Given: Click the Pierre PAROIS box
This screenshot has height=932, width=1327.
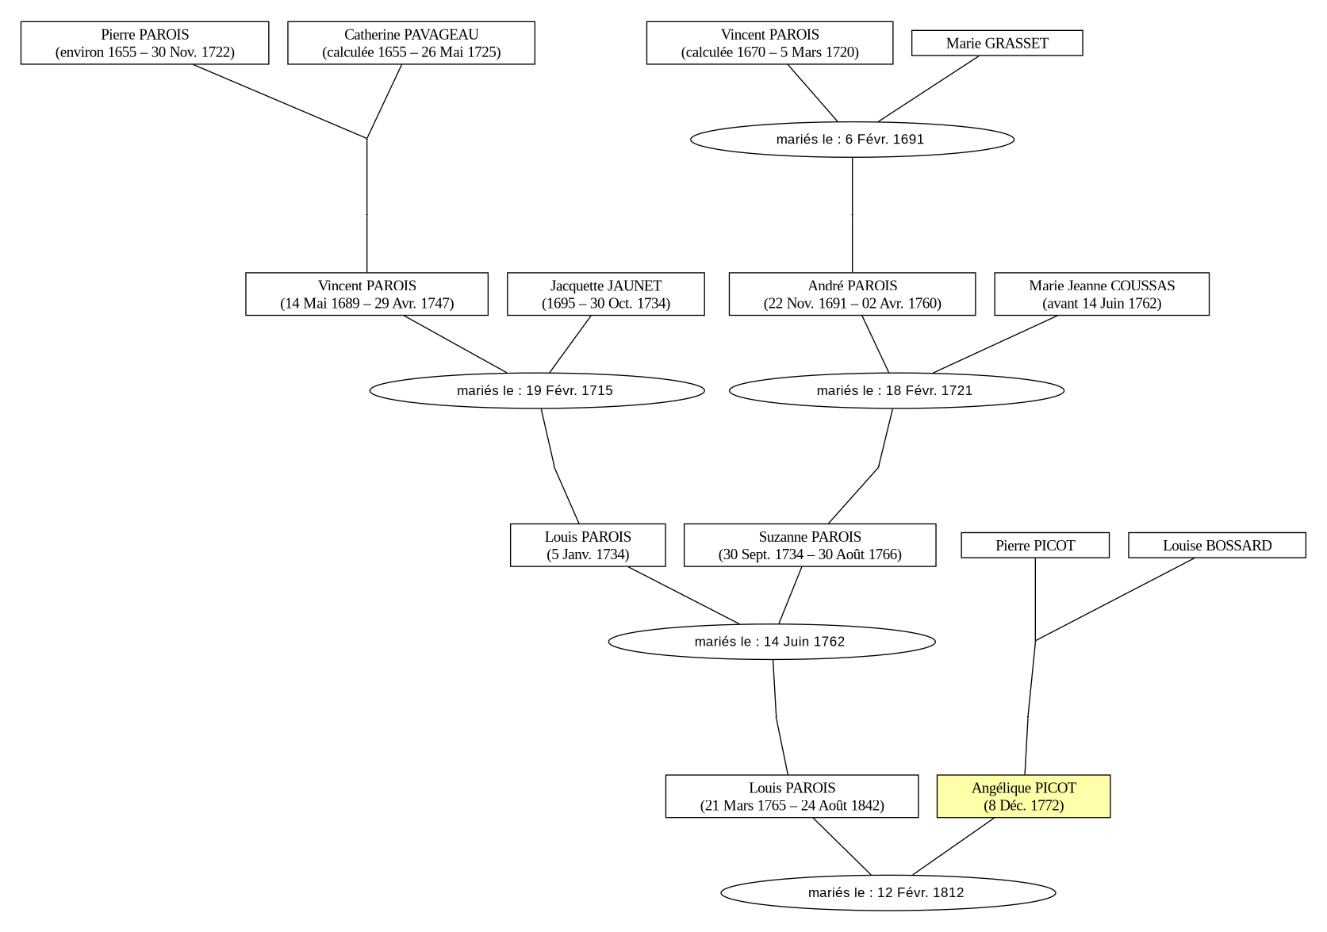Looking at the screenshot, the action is tap(144, 43).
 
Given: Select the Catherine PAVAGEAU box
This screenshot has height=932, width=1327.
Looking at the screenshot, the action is tap(411, 43).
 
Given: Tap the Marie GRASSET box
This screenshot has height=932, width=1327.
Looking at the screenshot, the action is tap(997, 44).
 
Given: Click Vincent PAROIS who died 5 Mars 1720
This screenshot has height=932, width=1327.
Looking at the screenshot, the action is tap(769, 43).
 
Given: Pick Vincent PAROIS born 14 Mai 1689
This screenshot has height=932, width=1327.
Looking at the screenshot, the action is tap(366, 294).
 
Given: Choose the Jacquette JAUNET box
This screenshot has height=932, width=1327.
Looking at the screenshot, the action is tap(605, 294).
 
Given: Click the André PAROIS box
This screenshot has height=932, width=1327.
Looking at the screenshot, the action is tap(852, 294).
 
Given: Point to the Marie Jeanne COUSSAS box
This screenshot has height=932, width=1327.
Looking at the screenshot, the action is tap(1102, 294).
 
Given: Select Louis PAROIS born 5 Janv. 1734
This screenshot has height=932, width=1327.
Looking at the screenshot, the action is tap(588, 545).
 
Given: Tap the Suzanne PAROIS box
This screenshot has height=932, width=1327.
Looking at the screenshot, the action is tap(810, 545).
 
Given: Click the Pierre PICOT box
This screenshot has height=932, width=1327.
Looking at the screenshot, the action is tap(1035, 545).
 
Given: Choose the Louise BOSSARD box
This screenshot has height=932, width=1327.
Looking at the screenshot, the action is tap(1217, 545).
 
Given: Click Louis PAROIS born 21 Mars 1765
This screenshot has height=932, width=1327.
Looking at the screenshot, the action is tap(792, 796).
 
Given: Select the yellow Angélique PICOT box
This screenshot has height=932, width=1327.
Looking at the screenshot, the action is tap(1024, 796).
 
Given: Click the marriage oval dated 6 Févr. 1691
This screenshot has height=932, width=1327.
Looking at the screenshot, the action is tap(852, 140).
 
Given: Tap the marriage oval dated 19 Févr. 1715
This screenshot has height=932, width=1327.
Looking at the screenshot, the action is tap(537, 390).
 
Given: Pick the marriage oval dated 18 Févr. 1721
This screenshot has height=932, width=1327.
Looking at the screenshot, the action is tap(896, 390).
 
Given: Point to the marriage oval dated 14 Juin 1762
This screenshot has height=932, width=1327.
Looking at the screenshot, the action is tap(772, 642).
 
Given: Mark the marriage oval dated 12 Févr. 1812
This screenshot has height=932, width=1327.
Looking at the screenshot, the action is tap(888, 893).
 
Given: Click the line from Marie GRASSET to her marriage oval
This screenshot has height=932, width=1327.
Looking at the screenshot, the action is tap(928, 89).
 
